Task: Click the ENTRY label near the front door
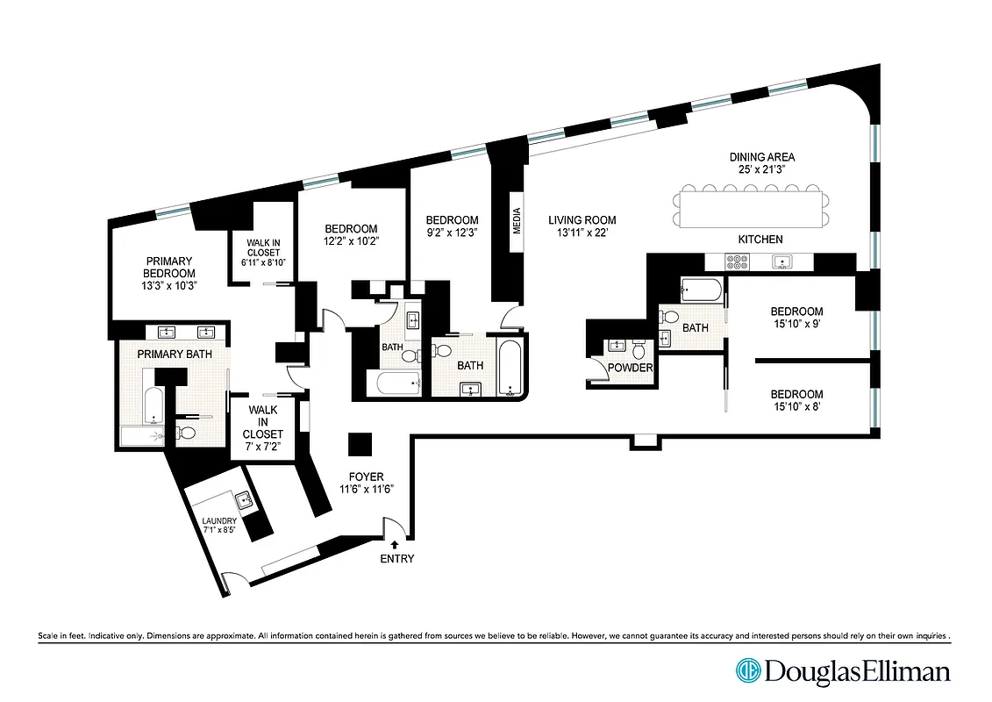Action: (x=396, y=559)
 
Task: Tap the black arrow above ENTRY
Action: (x=394, y=545)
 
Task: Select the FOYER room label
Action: (x=367, y=476)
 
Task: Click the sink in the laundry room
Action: (x=243, y=500)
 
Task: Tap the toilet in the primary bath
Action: (x=186, y=432)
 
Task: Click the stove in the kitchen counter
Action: (x=736, y=261)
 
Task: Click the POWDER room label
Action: (x=631, y=368)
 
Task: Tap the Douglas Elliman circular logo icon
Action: (x=748, y=671)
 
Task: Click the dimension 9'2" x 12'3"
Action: (x=452, y=233)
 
